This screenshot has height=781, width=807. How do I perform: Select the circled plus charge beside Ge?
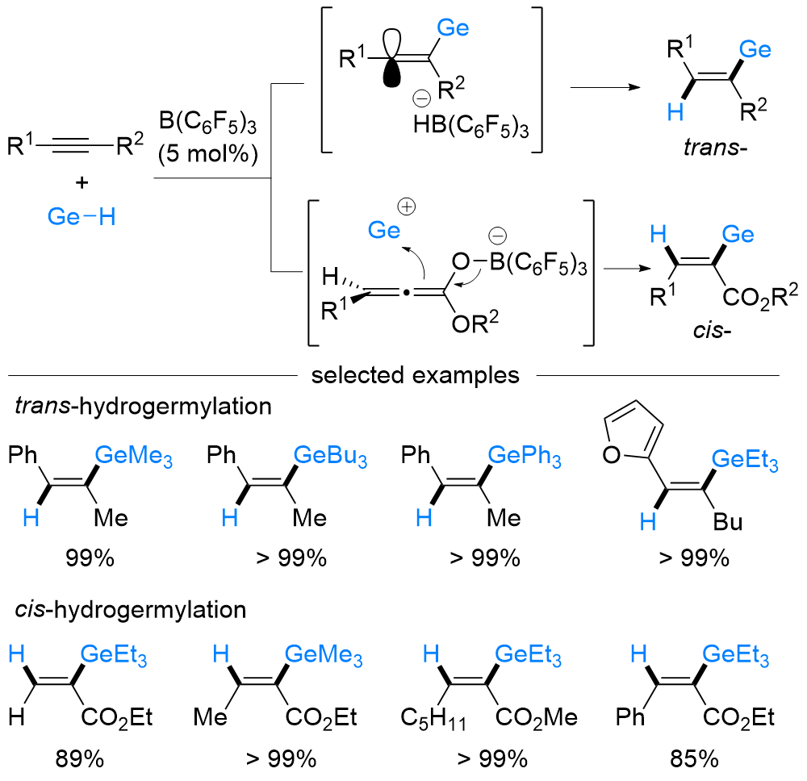tap(408, 207)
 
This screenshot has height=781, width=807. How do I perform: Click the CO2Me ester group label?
tap(537, 716)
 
